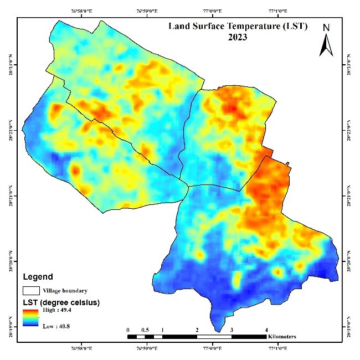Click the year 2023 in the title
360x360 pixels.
click(x=236, y=38)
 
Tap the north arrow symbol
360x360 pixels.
click(x=326, y=45)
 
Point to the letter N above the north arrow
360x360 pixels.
click(x=327, y=28)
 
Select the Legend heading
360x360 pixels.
click(x=38, y=277)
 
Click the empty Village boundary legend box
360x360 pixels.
click(x=30, y=290)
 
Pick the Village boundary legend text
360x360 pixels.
click(x=65, y=290)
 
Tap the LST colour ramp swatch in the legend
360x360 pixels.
click(x=30, y=318)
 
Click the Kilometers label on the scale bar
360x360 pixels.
click(x=281, y=337)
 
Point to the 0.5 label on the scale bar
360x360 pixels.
click(x=145, y=330)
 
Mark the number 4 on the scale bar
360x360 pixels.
click(x=266, y=330)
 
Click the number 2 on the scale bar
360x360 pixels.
click(x=197, y=330)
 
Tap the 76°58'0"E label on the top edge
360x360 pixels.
click(x=81, y=11)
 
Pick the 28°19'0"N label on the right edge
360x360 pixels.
click(x=348, y=326)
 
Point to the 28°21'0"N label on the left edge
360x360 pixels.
click(x=11, y=196)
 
